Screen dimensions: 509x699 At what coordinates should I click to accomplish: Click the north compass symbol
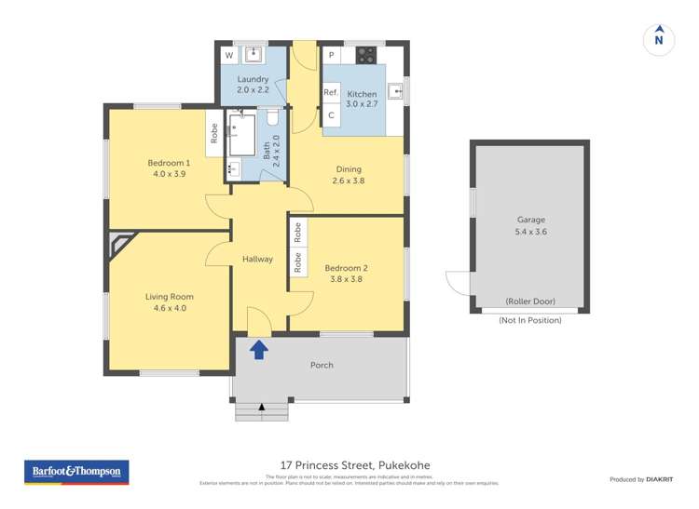[x=659, y=38]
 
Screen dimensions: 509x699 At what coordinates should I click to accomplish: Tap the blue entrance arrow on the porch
[x=259, y=350]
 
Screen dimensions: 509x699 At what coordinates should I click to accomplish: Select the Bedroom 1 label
[x=169, y=168]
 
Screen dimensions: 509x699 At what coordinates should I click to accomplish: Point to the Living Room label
[x=169, y=301]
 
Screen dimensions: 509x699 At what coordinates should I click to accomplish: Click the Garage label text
[x=530, y=226]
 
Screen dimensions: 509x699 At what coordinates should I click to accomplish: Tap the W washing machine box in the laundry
[x=228, y=56]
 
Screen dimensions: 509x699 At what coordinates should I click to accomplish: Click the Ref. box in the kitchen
[x=331, y=93]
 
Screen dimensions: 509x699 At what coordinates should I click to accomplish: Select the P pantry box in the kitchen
[x=331, y=56]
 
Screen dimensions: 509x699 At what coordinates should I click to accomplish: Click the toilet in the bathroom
[x=272, y=118]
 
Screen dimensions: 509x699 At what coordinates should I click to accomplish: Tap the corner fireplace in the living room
[x=120, y=246]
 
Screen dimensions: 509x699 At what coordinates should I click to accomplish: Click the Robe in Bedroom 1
[x=214, y=134]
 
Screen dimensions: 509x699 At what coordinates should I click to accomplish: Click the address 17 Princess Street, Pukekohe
[x=355, y=465]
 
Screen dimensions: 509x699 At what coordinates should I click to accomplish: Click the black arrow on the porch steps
[x=262, y=407]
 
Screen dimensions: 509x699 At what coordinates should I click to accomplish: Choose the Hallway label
[x=257, y=259]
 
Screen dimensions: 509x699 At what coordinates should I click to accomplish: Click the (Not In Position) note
[x=529, y=320]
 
